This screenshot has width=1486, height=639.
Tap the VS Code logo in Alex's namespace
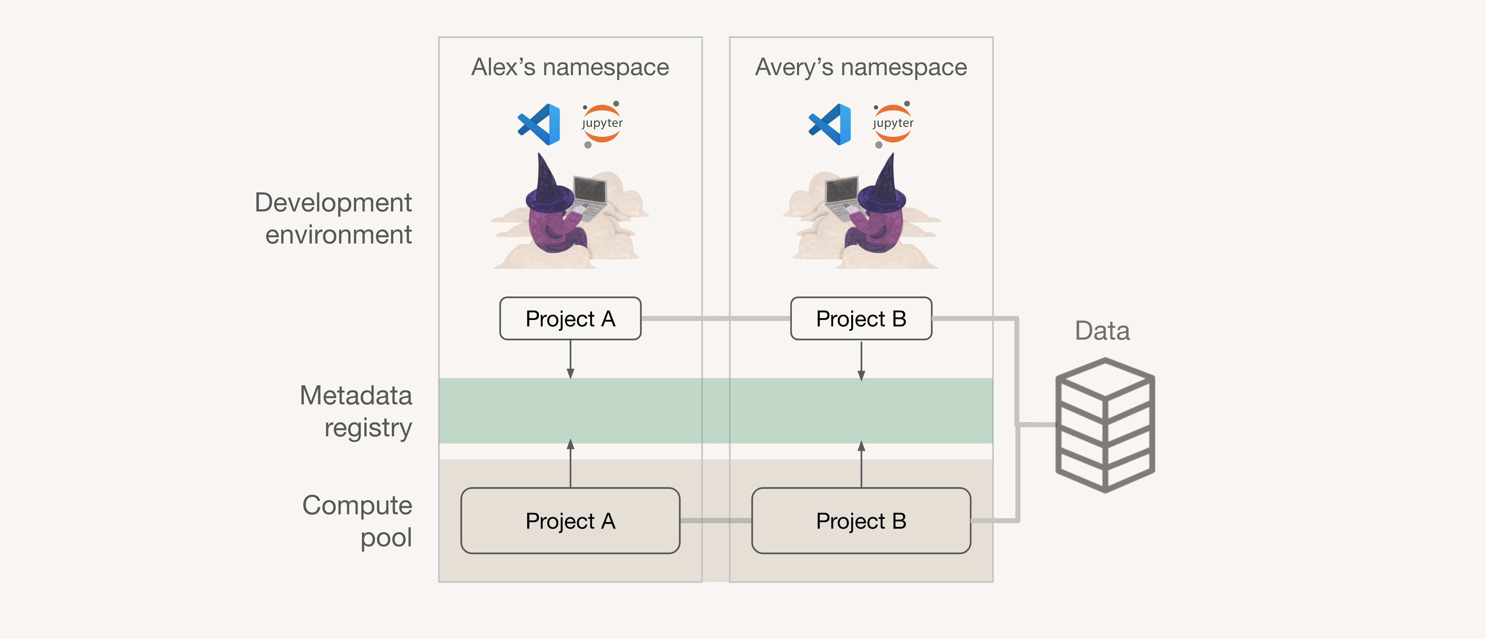pyautogui.click(x=539, y=124)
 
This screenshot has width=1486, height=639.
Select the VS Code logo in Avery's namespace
pyautogui.click(x=830, y=124)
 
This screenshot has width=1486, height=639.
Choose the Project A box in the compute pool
pyautogui.click(x=570, y=521)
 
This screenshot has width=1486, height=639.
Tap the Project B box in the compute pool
pyautogui.click(x=861, y=521)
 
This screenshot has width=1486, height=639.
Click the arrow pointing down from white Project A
pyautogui.click(x=570, y=359)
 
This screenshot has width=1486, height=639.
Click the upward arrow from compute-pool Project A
pyautogui.click(x=570, y=463)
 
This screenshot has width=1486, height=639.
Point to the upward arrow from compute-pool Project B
pyautogui.click(x=861, y=464)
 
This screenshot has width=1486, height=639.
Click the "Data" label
pyautogui.click(x=1102, y=331)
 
